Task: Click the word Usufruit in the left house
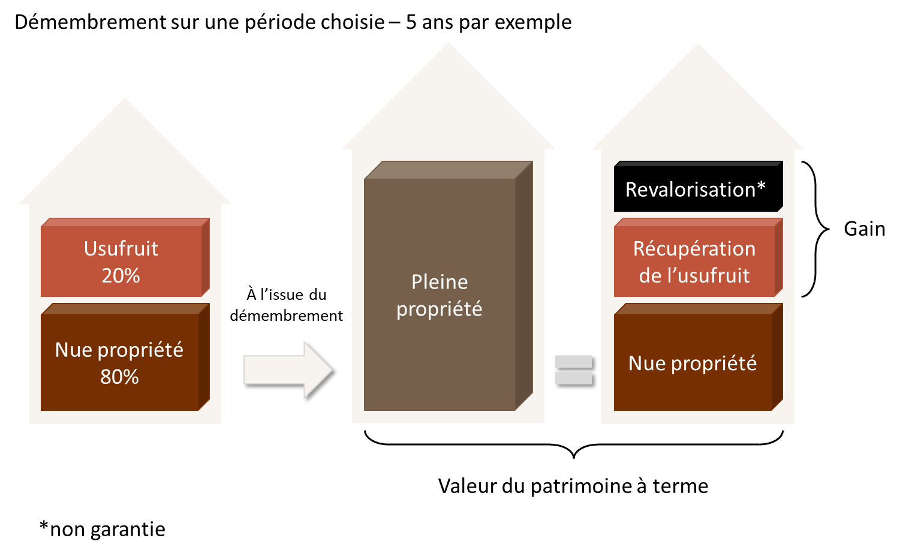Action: (121, 248)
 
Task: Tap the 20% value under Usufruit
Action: (121, 275)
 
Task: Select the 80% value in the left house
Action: (119, 377)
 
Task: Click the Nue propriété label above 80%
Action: (119, 350)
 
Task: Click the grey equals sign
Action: (573, 369)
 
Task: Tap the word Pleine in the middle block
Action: (440, 282)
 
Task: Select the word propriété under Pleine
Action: (439, 309)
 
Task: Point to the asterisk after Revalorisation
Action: (761, 187)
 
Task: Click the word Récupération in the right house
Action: (694, 248)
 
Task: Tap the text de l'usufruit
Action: (694, 275)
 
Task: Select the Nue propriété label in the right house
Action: (693, 363)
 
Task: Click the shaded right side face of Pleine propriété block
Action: (524, 288)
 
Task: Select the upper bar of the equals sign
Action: (573, 362)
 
